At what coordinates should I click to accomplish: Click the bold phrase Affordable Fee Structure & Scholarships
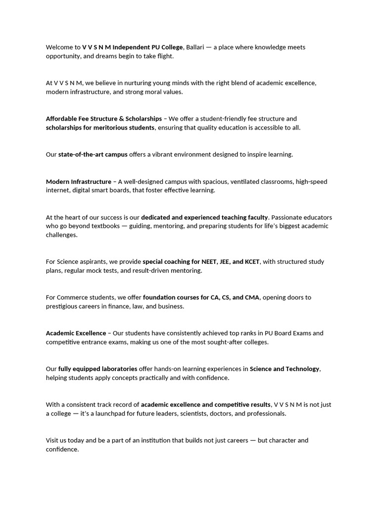[104, 119]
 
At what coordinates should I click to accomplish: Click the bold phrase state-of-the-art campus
[93, 155]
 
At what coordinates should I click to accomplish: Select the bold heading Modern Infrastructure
[79, 181]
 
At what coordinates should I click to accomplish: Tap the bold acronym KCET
[252, 262]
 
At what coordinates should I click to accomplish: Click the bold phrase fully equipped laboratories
[98, 369]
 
